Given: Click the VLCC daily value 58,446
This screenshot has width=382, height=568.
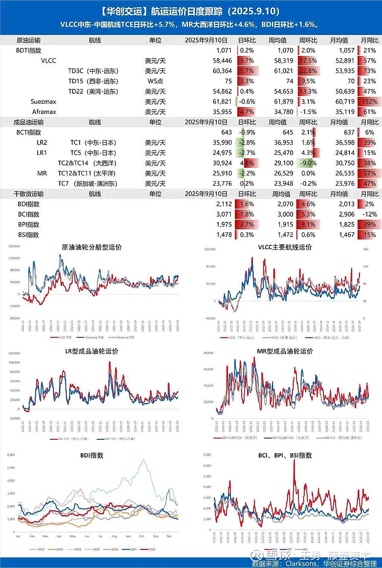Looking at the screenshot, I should (221, 61).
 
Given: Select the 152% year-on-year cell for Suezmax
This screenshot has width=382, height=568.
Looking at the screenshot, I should (370, 102).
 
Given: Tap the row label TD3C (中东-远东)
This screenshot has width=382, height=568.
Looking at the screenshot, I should (93, 71).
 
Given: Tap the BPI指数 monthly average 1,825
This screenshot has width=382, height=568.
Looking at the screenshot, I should (345, 225).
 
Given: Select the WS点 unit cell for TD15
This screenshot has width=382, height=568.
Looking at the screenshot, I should (155, 81).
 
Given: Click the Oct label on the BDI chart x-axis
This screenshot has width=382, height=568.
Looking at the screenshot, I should (142, 537).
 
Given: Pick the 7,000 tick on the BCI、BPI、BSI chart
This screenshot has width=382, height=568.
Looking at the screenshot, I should (208, 454).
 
